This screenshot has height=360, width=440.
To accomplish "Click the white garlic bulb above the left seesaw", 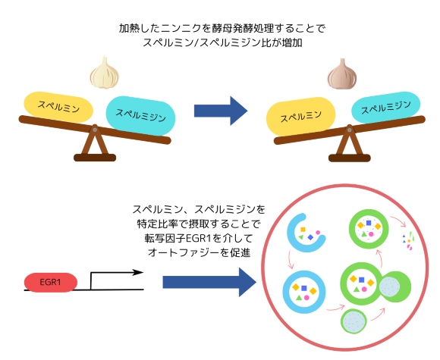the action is point(104,73).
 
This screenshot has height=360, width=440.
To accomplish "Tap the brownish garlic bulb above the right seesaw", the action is point(342,74).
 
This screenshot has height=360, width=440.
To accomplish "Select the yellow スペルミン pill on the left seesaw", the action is point(58,107).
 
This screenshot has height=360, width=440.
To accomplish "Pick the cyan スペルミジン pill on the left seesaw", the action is point(140,115).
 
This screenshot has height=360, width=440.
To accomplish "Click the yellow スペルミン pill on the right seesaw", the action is point(301,116).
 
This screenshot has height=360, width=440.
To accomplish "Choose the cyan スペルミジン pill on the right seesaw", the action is point(386,107).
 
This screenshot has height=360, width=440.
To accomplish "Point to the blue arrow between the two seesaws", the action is point(221,111).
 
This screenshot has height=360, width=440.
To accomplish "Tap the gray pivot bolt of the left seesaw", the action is point(95,130).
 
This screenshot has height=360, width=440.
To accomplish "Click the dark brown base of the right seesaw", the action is point(350,158).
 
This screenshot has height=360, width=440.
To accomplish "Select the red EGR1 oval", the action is point(51,282).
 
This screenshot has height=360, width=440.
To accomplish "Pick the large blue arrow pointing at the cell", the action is point(209,282).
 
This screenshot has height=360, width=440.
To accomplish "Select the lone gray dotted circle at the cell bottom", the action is point(354,321).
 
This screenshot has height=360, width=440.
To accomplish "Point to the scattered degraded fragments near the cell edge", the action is point(408,240).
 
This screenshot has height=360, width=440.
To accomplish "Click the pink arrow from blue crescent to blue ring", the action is point(291,260).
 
